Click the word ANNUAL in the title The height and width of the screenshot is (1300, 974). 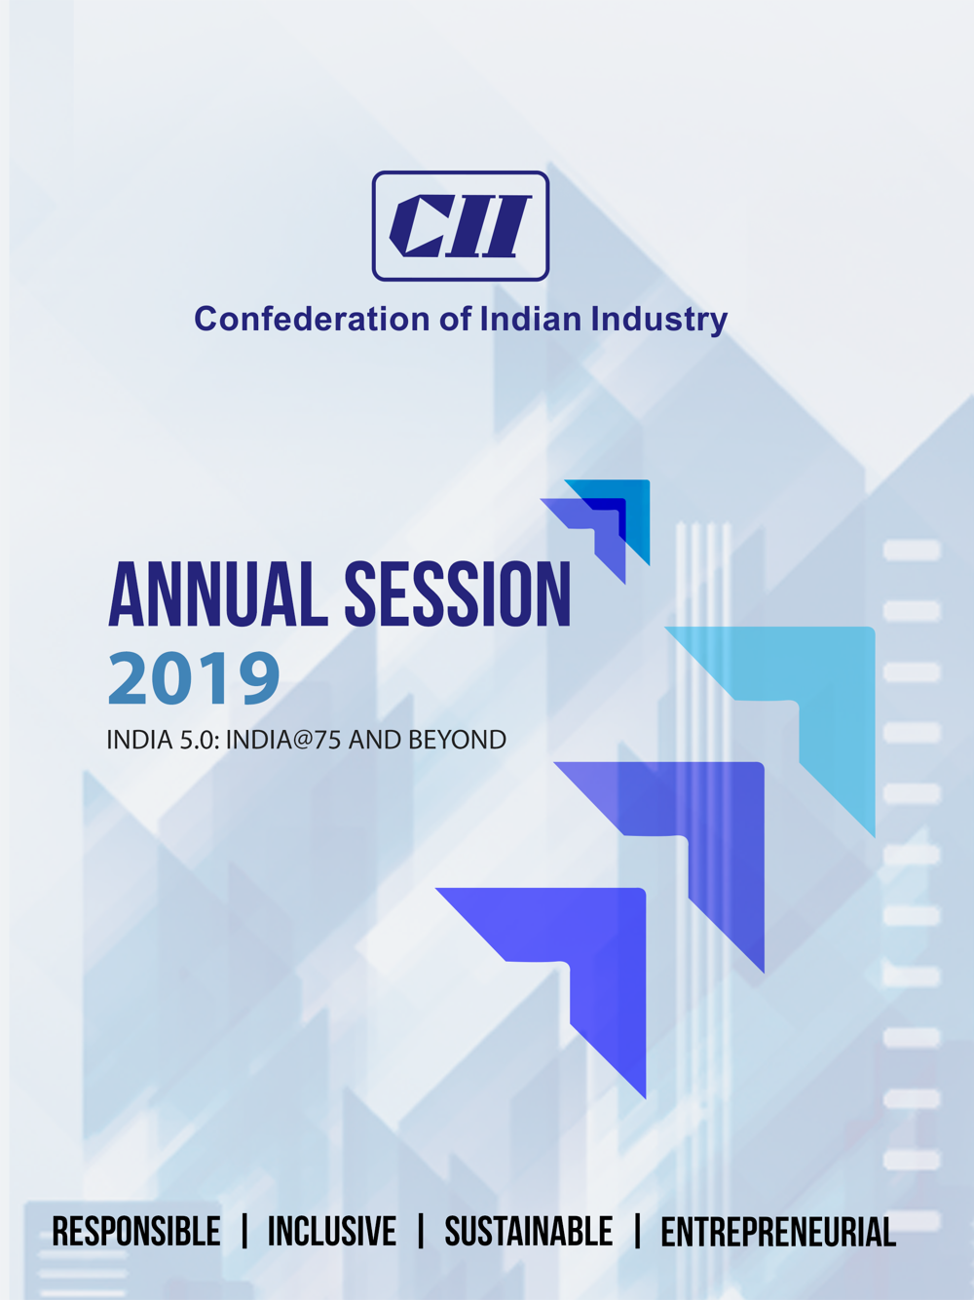pyautogui.click(x=217, y=594)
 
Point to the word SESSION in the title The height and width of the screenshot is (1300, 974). pyautogui.click(x=458, y=594)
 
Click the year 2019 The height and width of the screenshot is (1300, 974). pyautogui.click(x=194, y=677)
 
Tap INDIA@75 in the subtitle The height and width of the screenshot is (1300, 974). pyautogui.click(x=282, y=740)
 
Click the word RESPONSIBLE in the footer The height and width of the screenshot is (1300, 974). pyautogui.click(x=136, y=1232)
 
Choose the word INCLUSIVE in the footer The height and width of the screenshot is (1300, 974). pyautogui.click(x=332, y=1232)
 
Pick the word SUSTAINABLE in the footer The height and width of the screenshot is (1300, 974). pyautogui.click(x=529, y=1232)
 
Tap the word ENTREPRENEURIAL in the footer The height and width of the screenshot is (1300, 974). pyautogui.click(x=778, y=1232)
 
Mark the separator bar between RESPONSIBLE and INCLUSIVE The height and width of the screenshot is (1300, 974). pyautogui.click(x=244, y=1232)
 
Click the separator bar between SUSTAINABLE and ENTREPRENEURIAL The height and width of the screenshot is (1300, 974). pyautogui.click(x=637, y=1232)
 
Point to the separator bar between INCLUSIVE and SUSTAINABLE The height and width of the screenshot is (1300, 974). pyautogui.click(x=421, y=1232)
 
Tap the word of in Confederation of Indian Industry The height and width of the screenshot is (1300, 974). pyautogui.click(x=455, y=319)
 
